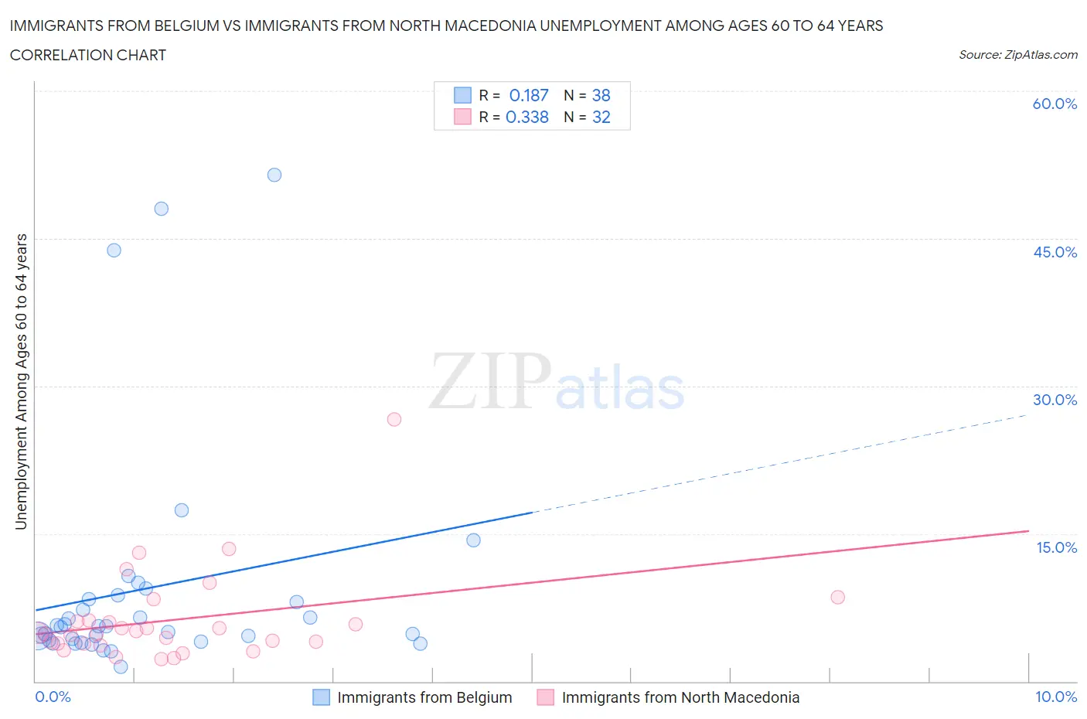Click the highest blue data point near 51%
coord(274,175)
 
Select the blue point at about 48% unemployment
coord(161,209)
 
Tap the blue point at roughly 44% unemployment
coord(114,250)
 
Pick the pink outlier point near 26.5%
coord(394,419)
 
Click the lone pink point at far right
coord(837,597)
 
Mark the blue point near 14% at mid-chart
coord(473,540)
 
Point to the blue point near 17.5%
coord(182,510)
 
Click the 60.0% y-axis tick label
coord(1055,104)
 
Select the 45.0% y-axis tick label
coord(1055,252)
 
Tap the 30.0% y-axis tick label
coord(1055,400)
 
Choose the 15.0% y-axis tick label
coord(1056,547)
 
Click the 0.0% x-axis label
coord(53,697)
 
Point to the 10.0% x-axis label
coord(1055,697)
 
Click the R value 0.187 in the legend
coord(529,95)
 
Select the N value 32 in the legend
coord(601,117)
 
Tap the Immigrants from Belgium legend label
coord(424,697)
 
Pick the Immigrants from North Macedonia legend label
coord(680,697)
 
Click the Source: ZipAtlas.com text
coord(1017,54)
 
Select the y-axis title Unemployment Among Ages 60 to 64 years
coord(21,381)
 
